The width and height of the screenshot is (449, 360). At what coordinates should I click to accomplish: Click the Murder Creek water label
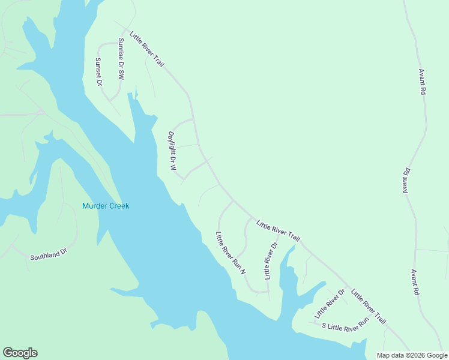(x=106, y=206)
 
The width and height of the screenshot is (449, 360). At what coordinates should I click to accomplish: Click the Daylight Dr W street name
(x=172, y=151)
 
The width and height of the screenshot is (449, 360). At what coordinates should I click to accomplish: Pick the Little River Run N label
(x=231, y=253)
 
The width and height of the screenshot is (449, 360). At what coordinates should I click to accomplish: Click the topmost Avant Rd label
(x=423, y=80)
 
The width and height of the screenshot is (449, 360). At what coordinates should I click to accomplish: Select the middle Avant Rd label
(x=406, y=179)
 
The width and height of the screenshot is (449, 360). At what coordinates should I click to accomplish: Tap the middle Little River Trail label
(x=278, y=229)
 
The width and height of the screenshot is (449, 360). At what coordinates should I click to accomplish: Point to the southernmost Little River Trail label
(x=369, y=307)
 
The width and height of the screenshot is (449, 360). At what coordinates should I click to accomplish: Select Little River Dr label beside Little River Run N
(x=271, y=260)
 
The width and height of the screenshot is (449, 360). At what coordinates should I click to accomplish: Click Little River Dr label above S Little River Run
(x=330, y=304)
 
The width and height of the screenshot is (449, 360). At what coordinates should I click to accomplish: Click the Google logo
(x=20, y=353)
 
